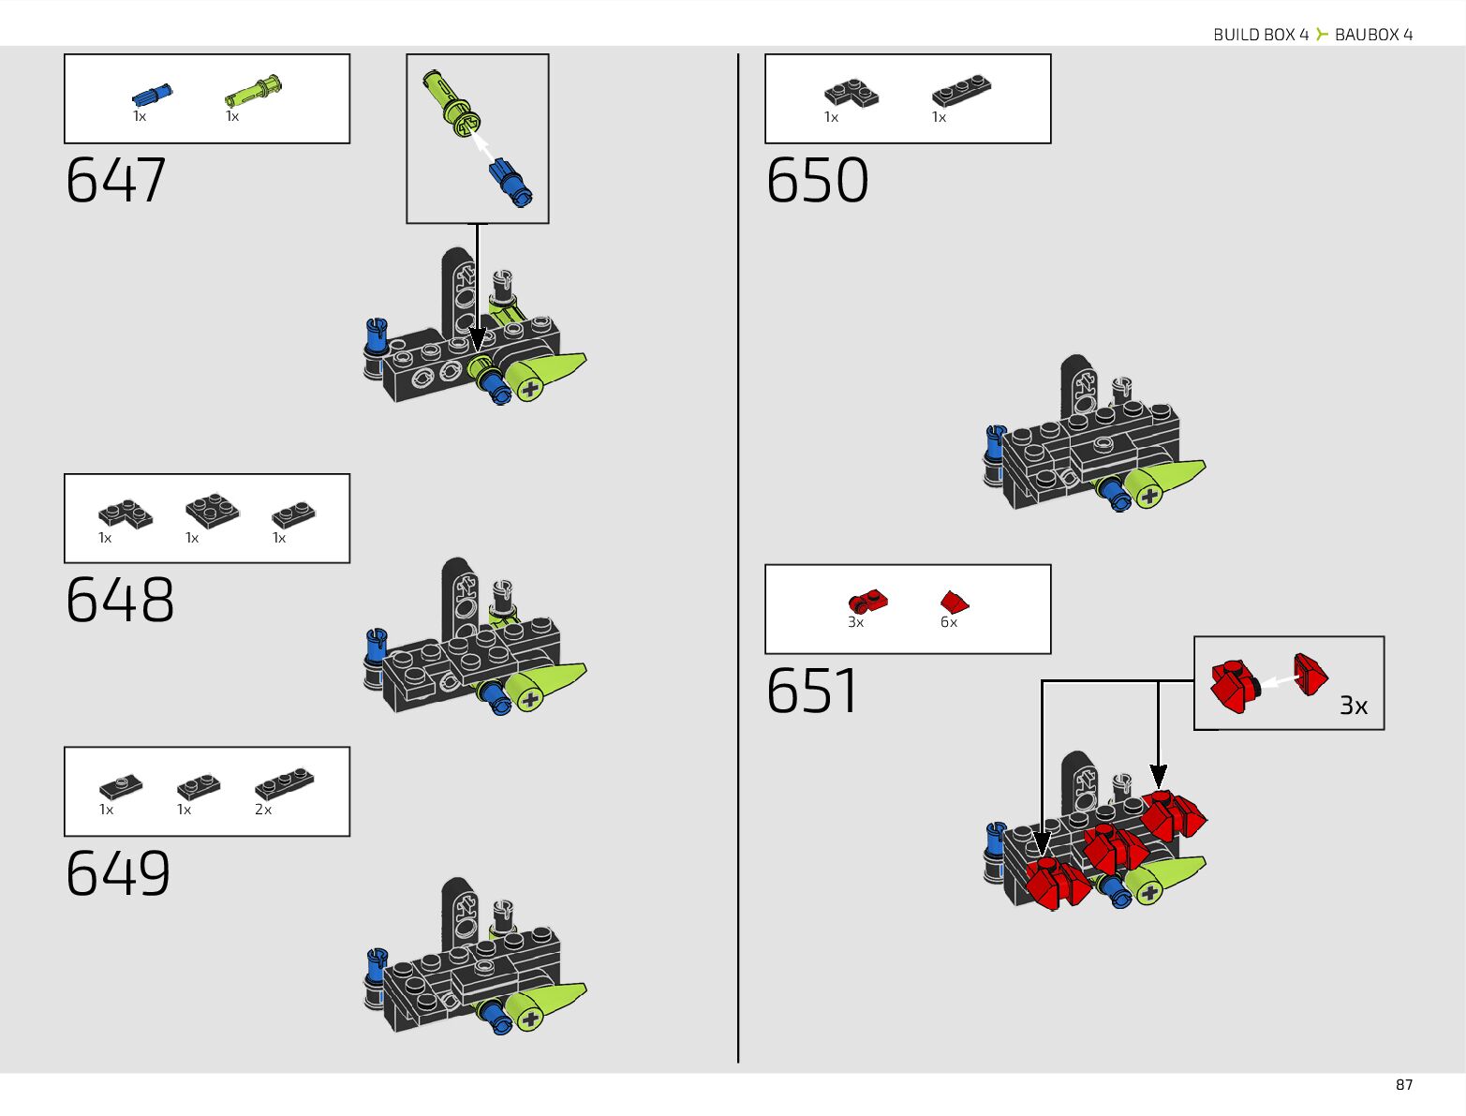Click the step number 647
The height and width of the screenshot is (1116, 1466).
pos(116,180)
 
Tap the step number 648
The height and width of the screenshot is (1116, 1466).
pos(120,600)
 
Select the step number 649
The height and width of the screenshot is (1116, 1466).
pos(118,873)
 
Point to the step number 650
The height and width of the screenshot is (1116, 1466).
pos(817,180)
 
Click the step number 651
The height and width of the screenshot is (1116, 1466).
pos(812,692)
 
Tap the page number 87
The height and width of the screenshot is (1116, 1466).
pos(1403,1085)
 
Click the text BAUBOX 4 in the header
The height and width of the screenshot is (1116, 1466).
pos(1373,35)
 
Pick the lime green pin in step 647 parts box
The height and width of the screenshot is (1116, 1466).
pos(253,90)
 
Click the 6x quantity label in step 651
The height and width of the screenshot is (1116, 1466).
pos(949,622)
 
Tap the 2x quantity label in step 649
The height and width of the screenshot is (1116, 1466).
pos(263,810)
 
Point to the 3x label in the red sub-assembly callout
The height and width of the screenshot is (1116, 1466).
pos(1353,706)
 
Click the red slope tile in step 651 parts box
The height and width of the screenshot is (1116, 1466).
pos(955,602)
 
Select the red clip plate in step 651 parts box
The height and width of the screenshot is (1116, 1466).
pos(867,601)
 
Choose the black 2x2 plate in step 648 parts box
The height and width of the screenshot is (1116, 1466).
pos(212,511)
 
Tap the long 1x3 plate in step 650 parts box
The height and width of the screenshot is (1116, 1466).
pos(961,90)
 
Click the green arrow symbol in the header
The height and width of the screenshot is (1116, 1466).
pos(1322,35)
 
